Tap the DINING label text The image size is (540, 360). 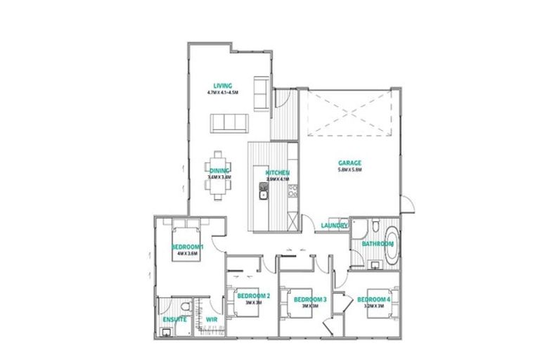(219, 171)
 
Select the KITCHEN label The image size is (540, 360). (277, 173)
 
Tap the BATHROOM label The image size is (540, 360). (376, 244)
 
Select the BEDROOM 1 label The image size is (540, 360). (188, 247)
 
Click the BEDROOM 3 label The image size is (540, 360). (310, 300)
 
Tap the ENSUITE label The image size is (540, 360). (174, 321)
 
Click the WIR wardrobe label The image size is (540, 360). (211, 321)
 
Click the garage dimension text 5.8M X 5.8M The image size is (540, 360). (349, 170)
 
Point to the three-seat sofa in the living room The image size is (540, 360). (229, 124)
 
